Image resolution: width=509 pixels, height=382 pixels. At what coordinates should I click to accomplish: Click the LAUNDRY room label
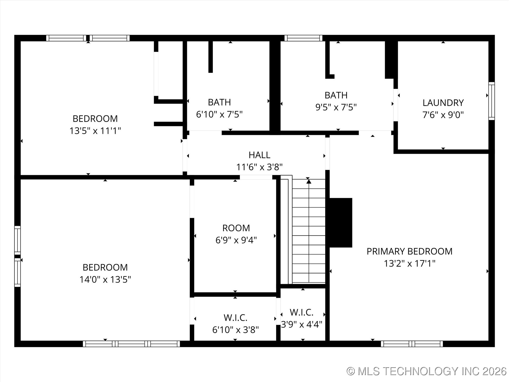[443, 103]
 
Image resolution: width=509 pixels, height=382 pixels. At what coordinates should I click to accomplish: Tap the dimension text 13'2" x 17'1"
[409, 263]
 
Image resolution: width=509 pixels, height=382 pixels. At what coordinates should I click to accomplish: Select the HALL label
[259, 155]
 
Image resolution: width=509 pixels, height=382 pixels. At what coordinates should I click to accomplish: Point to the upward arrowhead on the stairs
[309, 181]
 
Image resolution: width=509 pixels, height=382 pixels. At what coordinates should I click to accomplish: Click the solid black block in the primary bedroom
[340, 223]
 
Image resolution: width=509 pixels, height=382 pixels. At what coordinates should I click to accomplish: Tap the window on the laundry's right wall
[491, 101]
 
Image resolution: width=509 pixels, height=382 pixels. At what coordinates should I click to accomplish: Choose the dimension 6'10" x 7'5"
[219, 114]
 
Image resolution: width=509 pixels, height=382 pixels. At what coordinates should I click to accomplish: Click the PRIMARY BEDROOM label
[409, 251]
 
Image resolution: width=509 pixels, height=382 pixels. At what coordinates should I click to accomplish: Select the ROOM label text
[236, 228]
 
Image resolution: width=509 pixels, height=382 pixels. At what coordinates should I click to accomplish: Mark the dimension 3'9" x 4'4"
[301, 324]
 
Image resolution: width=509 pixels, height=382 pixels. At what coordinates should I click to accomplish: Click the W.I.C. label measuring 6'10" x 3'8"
[235, 318]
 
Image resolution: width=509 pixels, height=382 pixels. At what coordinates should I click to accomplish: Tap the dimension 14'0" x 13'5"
[105, 279]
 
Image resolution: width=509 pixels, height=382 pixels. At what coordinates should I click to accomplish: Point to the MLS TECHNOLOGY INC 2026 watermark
[427, 371]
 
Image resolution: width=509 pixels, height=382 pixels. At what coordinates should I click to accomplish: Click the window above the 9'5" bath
[303, 38]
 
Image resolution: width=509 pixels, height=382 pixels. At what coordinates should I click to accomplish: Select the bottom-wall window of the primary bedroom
[412, 344]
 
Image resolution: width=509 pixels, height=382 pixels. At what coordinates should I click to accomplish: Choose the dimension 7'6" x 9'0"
[443, 115]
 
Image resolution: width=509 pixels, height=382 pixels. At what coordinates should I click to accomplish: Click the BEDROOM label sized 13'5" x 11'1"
[95, 119]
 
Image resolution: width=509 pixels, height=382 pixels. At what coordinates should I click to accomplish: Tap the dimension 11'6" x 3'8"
[259, 167]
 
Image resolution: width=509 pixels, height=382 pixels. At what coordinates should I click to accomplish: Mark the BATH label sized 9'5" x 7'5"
[336, 95]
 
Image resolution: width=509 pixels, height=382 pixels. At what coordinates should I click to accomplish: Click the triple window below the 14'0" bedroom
[131, 344]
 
